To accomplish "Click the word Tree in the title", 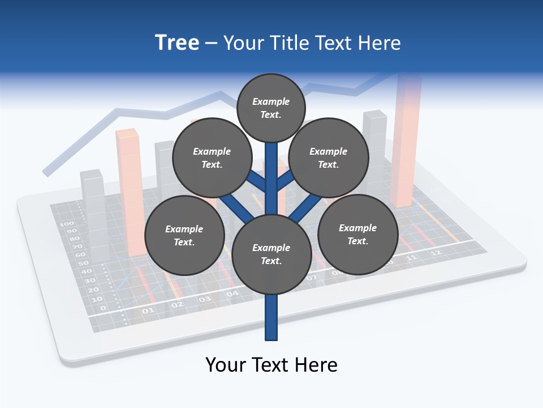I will pyautogui.click(x=177, y=42).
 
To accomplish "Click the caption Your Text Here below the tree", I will pyautogui.click(x=271, y=364).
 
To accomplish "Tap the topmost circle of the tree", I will pyautogui.click(x=271, y=108).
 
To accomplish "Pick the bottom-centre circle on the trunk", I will pyautogui.click(x=271, y=254).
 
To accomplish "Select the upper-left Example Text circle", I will pyautogui.click(x=212, y=158).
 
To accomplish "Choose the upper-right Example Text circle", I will pyautogui.click(x=329, y=158).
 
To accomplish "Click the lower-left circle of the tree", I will pyautogui.click(x=184, y=235).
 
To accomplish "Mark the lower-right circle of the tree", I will pyautogui.click(x=357, y=234).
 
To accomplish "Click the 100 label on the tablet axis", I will pyautogui.click(x=67, y=224).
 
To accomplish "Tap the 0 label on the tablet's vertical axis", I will pyautogui.click(x=102, y=308).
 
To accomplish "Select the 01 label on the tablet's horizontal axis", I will pyautogui.click(x=148, y=311).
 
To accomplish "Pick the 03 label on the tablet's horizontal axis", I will pyautogui.click(x=205, y=299).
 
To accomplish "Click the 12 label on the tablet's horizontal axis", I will pyautogui.click(x=435, y=253).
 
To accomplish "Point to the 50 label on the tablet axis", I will pyautogui.click(x=83, y=263).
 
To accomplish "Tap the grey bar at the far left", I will pyautogui.click(x=93, y=215).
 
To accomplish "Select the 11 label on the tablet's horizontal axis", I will pyautogui.click(x=411, y=258).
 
